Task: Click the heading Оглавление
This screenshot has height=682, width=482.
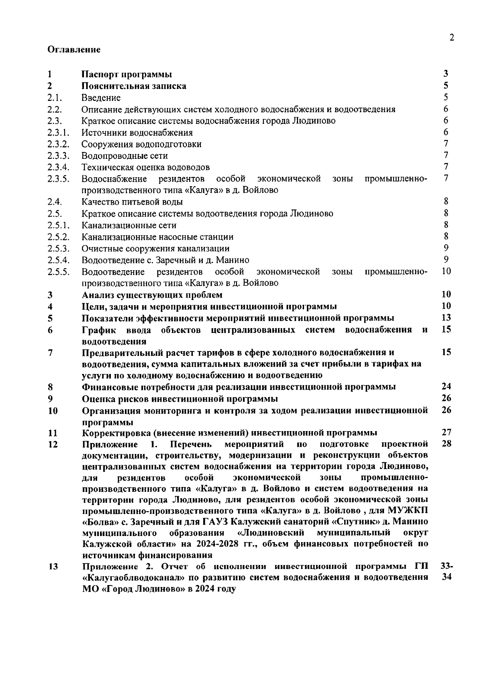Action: pyautogui.click(x=74, y=49)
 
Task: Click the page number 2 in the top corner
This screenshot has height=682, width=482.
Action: pyautogui.click(x=452, y=38)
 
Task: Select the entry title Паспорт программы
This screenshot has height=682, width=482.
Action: pyautogui.click(x=127, y=74)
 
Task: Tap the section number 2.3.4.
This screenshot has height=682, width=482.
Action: pyautogui.click(x=58, y=167)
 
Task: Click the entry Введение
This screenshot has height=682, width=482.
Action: pyautogui.click(x=101, y=98)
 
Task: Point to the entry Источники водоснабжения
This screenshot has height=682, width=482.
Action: pyautogui.click(x=137, y=132)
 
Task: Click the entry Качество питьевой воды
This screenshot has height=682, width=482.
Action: pyautogui.click(x=132, y=202)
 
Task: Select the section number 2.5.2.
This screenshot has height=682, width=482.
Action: pyautogui.click(x=58, y=237)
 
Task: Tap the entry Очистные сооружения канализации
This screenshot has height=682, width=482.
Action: pyautogui.click(x=155, y=249)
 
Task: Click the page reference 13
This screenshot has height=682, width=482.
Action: pyautogui.click(x=446, y=318)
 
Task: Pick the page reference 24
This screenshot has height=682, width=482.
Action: pyautogui.click(x=446, y=386)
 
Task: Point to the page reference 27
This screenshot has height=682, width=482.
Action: pyautogui.click(x=446, y=432)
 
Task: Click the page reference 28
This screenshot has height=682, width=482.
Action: pyautogui.click(x=446, y=444)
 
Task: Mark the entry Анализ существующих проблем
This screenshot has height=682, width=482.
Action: pyautogui.click(x=152, y=295)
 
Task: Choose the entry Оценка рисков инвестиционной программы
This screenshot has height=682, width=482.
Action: pyautogui.click(x=180, y=399)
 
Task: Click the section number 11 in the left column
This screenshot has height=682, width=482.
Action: pyautogui.click(x=52, y=433)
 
